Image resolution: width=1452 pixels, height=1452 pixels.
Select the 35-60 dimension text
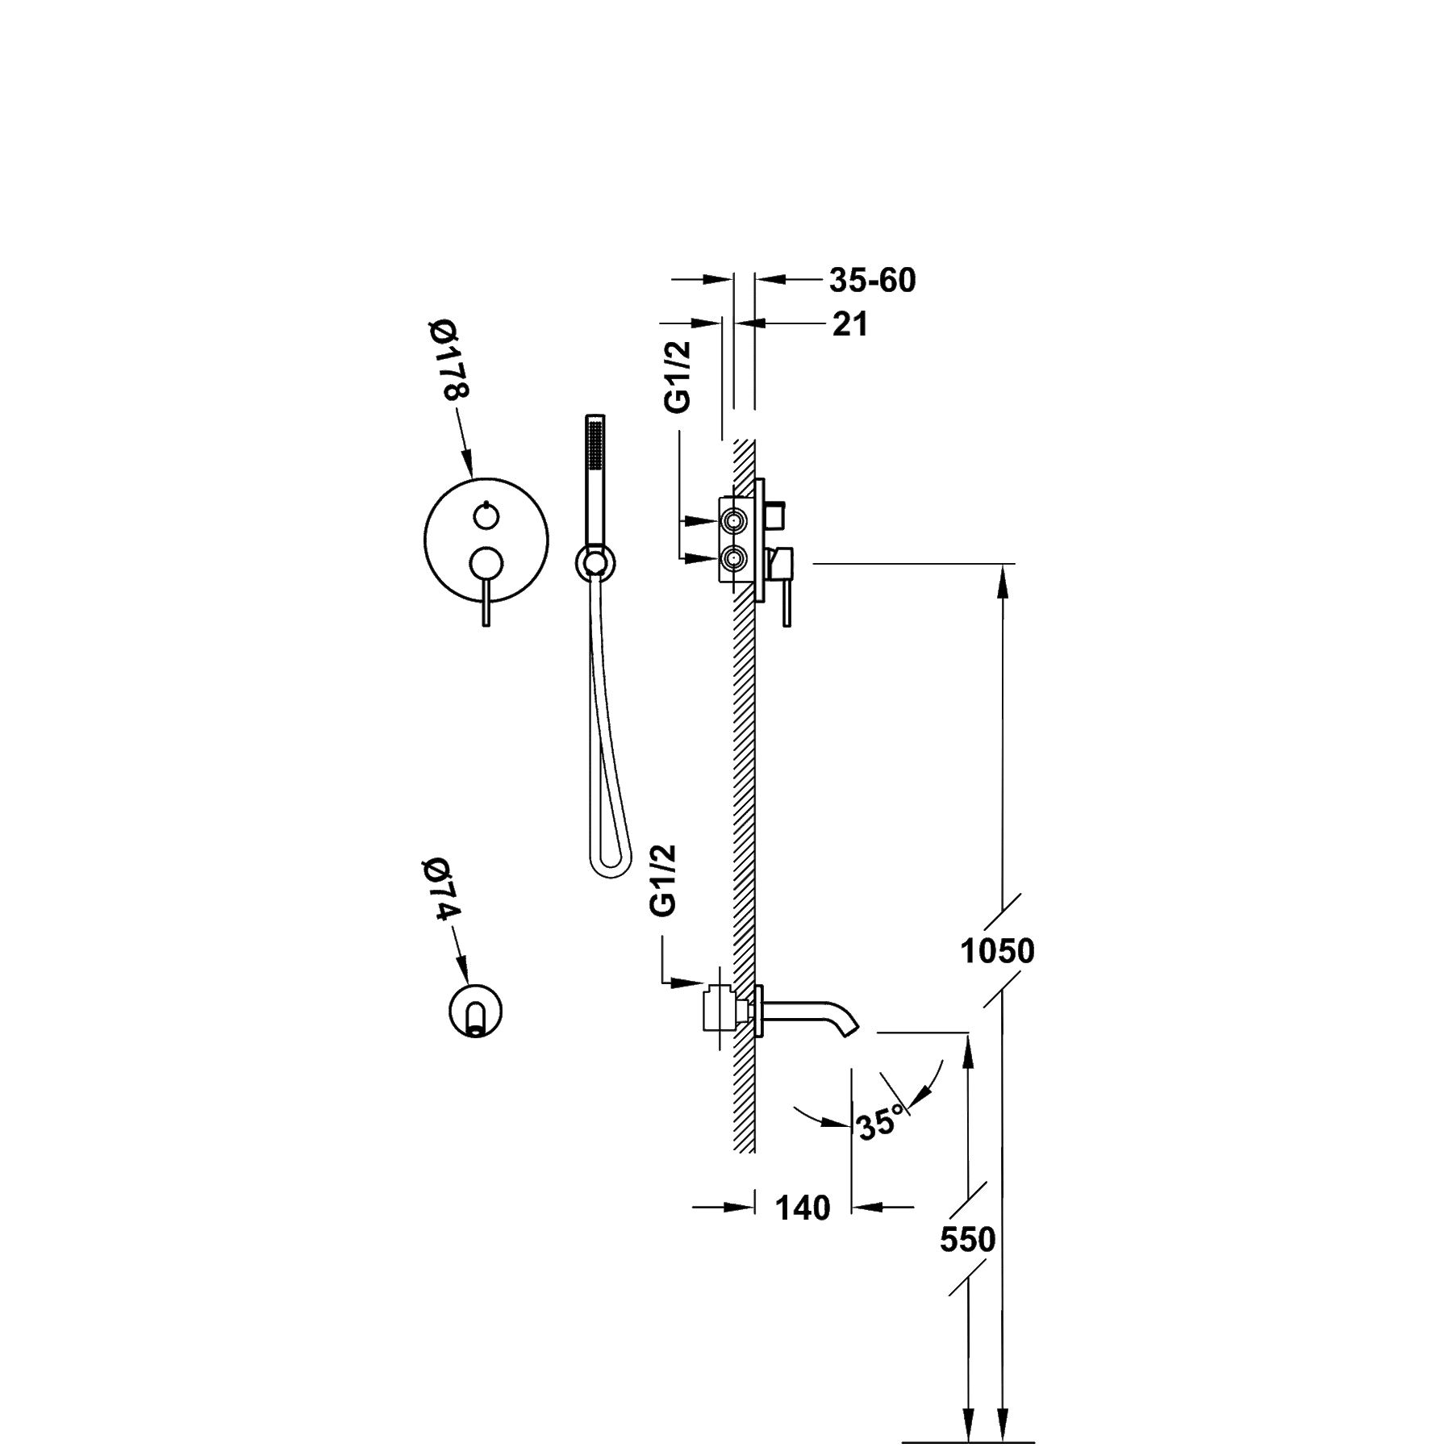tap(873, 281)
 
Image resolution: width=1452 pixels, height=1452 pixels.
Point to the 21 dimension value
tap(850, 324)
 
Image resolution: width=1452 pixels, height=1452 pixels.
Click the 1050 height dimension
tap(997, 952)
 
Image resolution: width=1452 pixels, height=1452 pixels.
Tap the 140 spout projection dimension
tap(803, 1208)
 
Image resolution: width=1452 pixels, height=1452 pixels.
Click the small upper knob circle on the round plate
tap(486, 515)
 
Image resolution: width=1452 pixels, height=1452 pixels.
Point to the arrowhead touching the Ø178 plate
tap(468, 463)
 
